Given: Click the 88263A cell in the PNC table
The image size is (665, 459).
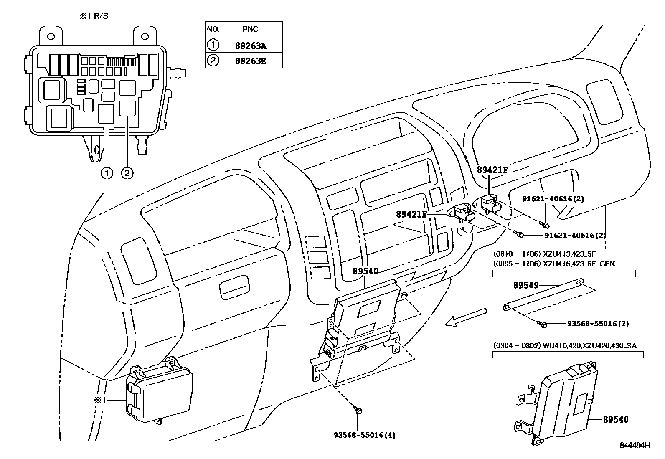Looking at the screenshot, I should point(251,45).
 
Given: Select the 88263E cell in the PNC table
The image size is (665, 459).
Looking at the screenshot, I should point(251,61).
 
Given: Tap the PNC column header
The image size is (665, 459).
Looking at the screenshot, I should point(251,29).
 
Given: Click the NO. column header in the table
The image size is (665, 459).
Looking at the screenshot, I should point(213,29).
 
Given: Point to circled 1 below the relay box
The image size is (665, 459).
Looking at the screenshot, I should point(107,173).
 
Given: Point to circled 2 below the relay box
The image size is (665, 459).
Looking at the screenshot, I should point(127,173).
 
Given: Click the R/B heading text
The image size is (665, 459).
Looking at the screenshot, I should point(101,17).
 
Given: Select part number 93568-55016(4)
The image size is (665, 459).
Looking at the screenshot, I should point(364,435).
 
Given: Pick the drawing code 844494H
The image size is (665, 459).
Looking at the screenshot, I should point(635,446).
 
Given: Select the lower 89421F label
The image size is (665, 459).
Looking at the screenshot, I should point(411,214).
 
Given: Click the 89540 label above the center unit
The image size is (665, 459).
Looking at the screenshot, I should point(365,271).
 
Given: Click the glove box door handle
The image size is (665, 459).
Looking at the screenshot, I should point(235,288).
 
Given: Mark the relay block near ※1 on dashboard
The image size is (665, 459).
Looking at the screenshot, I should point(161,391).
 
